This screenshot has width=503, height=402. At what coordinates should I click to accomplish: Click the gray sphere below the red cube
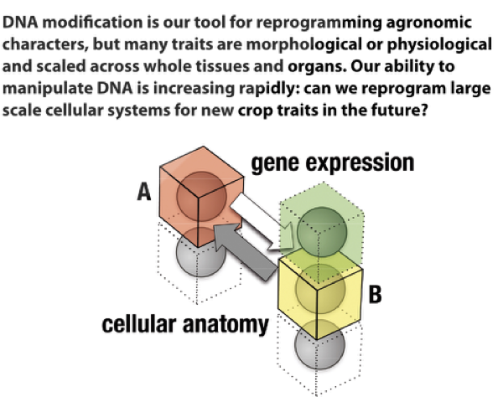coord(200,255)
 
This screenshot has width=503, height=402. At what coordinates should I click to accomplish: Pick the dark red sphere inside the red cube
coord(199,193)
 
